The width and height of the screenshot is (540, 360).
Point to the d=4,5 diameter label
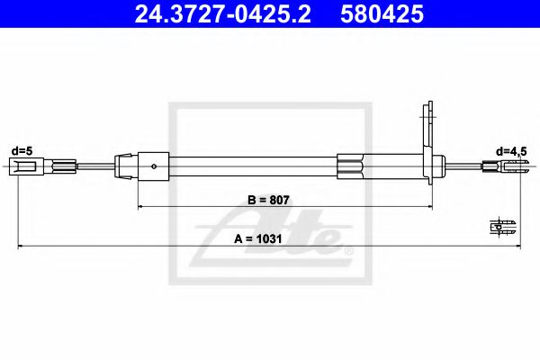512,150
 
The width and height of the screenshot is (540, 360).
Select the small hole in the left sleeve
157,166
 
